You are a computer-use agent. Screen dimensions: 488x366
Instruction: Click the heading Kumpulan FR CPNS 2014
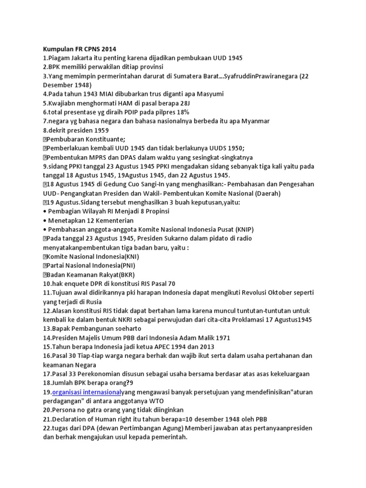point(80,49)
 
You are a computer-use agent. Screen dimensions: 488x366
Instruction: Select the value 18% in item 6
point(183,112)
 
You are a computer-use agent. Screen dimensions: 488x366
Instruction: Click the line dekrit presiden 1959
point(76,130)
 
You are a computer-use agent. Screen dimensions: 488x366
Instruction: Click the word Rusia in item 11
point(93,302)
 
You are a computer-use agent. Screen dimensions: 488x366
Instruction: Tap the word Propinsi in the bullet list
point(156,211)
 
